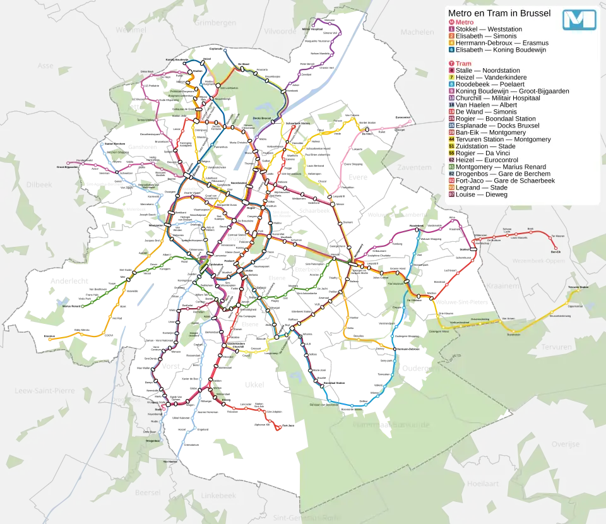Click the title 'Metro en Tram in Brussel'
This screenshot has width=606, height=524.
pyautogui.click(x=499, y=13)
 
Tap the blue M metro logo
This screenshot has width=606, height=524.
pyautogui.click(x=579, y=20)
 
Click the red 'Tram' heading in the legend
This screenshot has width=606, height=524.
pyautogui.click(x=463, y=64)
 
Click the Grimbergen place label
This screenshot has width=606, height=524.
pyautogui.click(x=217, y=23)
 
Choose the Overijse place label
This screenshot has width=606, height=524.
pyautogui.click(x=565, y=444)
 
